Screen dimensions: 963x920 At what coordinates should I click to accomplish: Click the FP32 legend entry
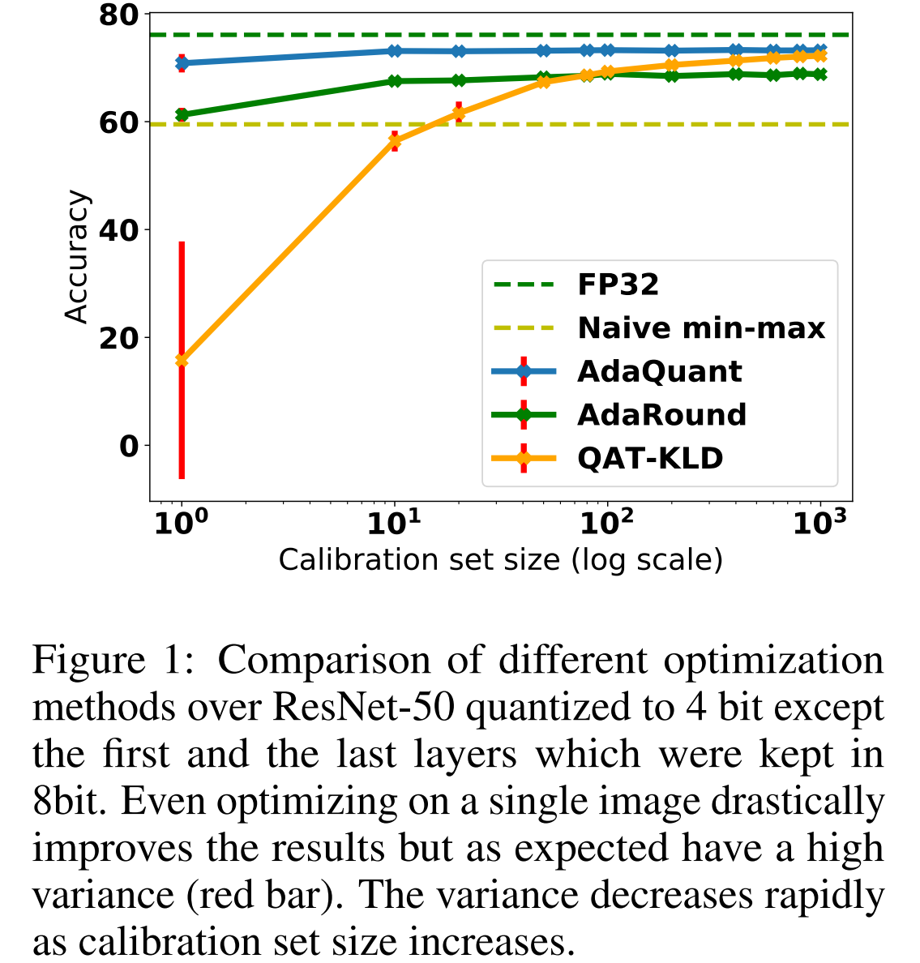coord(618,285)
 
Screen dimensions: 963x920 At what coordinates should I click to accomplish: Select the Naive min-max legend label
coord(701,328)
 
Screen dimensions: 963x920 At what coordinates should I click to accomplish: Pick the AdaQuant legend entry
coord(659,372)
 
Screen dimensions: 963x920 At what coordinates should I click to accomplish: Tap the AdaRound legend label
coord(661,415)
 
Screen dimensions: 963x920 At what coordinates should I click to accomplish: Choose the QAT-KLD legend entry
coord(650,459)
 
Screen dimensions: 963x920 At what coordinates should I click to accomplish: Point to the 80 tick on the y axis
coord(118,15)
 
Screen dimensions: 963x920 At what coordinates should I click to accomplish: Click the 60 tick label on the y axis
coord(118,123)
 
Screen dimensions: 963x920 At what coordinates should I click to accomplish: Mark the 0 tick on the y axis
coord(129,446)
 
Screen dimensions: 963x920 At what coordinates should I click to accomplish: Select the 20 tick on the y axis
coord(118,338)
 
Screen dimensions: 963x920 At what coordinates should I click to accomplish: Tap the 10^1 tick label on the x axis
coord(394,524)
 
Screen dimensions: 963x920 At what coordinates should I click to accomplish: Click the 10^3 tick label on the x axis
coord(819,524)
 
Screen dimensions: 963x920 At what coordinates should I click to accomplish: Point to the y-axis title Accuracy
coord(77,257)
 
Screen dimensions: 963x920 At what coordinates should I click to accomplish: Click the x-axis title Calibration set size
coord(500,560)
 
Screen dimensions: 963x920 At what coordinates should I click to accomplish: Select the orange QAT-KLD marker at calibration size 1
coord(182,360)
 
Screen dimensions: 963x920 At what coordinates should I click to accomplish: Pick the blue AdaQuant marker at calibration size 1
coord(182,62)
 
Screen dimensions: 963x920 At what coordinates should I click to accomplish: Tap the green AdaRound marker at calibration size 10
coord(395,81)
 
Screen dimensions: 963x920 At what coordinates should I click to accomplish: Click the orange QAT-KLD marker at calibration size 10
coord(395,141)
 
